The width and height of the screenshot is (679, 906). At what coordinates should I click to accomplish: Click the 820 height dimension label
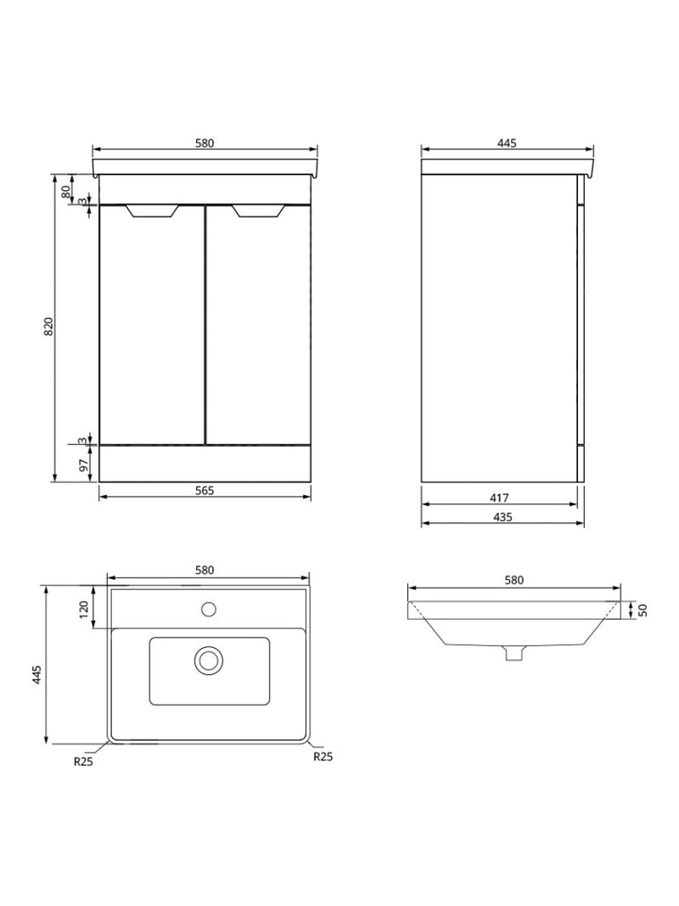(x=48, y=327)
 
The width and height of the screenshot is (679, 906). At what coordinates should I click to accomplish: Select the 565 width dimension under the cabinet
(x=204, y=490)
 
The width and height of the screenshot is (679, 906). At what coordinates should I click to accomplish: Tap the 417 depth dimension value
(x=499, y=498)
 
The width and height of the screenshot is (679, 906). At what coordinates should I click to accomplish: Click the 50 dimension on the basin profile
(x=643, y=610)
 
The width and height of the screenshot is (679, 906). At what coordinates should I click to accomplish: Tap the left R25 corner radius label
(x=81, y=762)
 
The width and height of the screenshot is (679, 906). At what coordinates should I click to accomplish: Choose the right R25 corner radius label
(x=323, y=756)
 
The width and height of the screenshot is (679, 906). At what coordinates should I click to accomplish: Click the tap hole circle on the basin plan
(x=209, y=608)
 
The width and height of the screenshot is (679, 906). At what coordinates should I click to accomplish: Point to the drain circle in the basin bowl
(x=209, y=660)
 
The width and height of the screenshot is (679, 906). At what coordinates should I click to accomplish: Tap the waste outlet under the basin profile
(x=512, y=652)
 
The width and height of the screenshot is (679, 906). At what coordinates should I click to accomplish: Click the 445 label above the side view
(x=506, y=143)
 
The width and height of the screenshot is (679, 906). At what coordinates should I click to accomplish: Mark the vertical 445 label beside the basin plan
(x=37, y=675)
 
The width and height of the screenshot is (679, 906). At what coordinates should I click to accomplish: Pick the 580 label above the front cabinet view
(x=204, y=143)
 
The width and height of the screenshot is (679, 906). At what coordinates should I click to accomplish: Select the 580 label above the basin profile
(x=513, y=580)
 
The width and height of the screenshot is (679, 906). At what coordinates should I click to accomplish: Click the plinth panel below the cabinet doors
(x=204, y=464)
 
